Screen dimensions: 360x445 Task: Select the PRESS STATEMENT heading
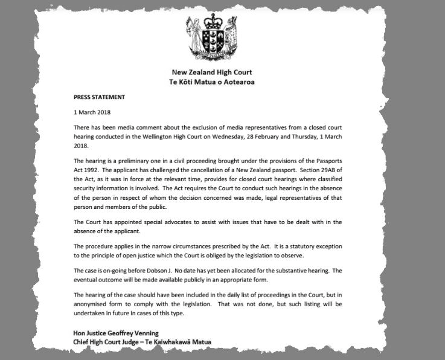point(100,97)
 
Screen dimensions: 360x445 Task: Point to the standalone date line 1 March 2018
point(92,112)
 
